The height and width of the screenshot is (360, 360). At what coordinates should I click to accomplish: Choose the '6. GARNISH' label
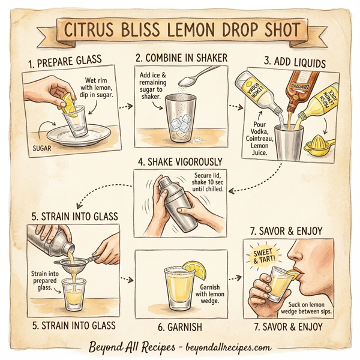[x=180, y=326]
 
